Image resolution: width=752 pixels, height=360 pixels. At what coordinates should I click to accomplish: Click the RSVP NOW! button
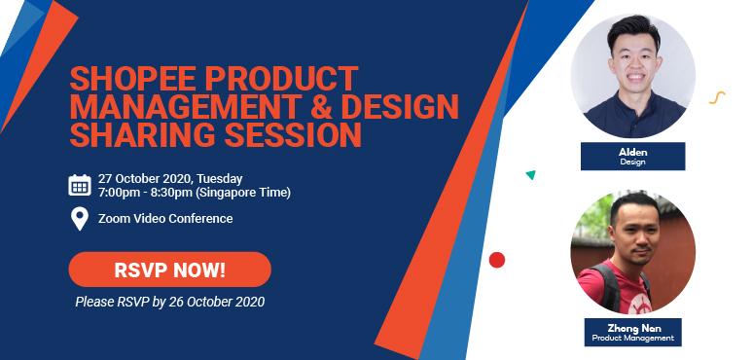pos(169,269)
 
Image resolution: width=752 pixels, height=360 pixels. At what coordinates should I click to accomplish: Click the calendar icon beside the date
pos(80,185)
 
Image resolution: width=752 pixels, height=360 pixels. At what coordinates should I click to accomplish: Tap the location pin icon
pos(80,219)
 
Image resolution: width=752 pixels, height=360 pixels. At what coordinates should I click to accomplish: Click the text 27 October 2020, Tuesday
pos(170,178)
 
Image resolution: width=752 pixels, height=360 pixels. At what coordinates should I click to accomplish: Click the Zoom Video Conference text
pos(165,219)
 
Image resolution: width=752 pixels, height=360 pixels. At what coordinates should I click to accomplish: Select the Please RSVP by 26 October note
pos(169,302)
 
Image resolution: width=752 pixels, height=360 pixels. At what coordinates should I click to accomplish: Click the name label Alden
pos(632,153)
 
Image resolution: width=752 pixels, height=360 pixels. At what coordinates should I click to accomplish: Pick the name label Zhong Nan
pos(632,328)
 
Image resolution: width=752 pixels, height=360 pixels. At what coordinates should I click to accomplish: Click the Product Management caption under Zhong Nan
pos(632,338)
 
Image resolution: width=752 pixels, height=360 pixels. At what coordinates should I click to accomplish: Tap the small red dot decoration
pos(497,260)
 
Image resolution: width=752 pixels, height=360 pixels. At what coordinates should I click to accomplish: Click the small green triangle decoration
pos(530,175)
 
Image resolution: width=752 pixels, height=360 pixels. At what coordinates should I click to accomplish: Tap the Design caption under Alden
pos(632,162)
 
